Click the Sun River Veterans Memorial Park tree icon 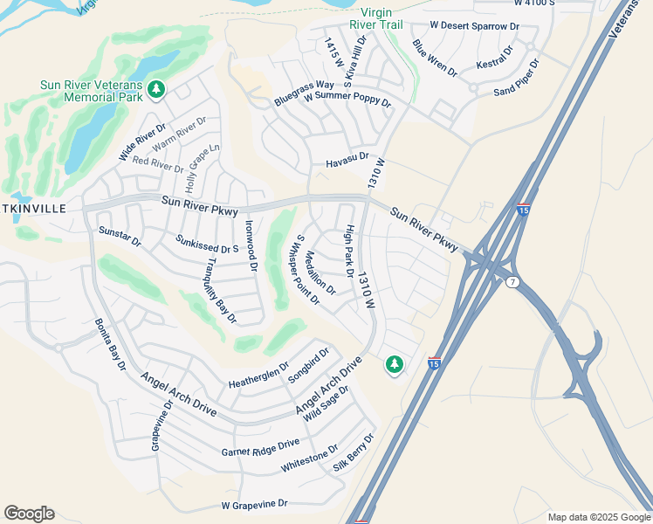click(156, 90)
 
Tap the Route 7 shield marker click(511, 280)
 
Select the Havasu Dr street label click(347, 162)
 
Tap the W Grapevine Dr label click(254, 505)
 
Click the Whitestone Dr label click(309, 459)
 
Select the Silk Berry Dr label click(354, 452)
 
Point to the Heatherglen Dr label click(258, 377)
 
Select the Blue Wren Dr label click(435, 58)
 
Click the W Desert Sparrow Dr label click(476, 27)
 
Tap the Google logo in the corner click(29, 514)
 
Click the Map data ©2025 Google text click(599, 517)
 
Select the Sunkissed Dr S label click(207, 243)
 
